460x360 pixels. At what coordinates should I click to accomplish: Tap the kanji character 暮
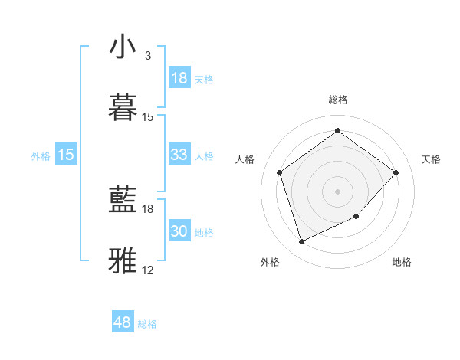pos(123,107)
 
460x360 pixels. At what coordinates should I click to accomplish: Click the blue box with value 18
pos(179,78)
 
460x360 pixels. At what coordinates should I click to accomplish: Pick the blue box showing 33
pos(179,155)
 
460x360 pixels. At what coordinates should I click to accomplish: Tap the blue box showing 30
pos(179,231)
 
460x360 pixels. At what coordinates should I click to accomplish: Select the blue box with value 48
pos(123,322)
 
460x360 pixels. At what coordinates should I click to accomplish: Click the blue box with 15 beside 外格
pos(66,155)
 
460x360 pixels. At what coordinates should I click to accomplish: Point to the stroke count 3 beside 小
pos(148,56)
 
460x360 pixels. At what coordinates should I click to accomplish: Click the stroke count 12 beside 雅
pos(148,270)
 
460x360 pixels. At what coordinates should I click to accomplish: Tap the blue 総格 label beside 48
pos(147,324)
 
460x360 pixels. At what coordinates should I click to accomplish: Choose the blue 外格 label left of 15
pos(41,156)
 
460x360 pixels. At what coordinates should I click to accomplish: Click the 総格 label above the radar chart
pos(337,100)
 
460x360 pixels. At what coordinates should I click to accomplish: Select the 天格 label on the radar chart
pos(431,159)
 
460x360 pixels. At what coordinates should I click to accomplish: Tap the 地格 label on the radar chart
pos(402,262)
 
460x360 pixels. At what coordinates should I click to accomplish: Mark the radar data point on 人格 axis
pos(280,172)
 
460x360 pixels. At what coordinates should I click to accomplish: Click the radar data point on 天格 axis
pos(396,172)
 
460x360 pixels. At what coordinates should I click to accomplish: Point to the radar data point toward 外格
pos(301,241)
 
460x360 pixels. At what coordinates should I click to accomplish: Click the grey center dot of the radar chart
pos(337,191)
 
